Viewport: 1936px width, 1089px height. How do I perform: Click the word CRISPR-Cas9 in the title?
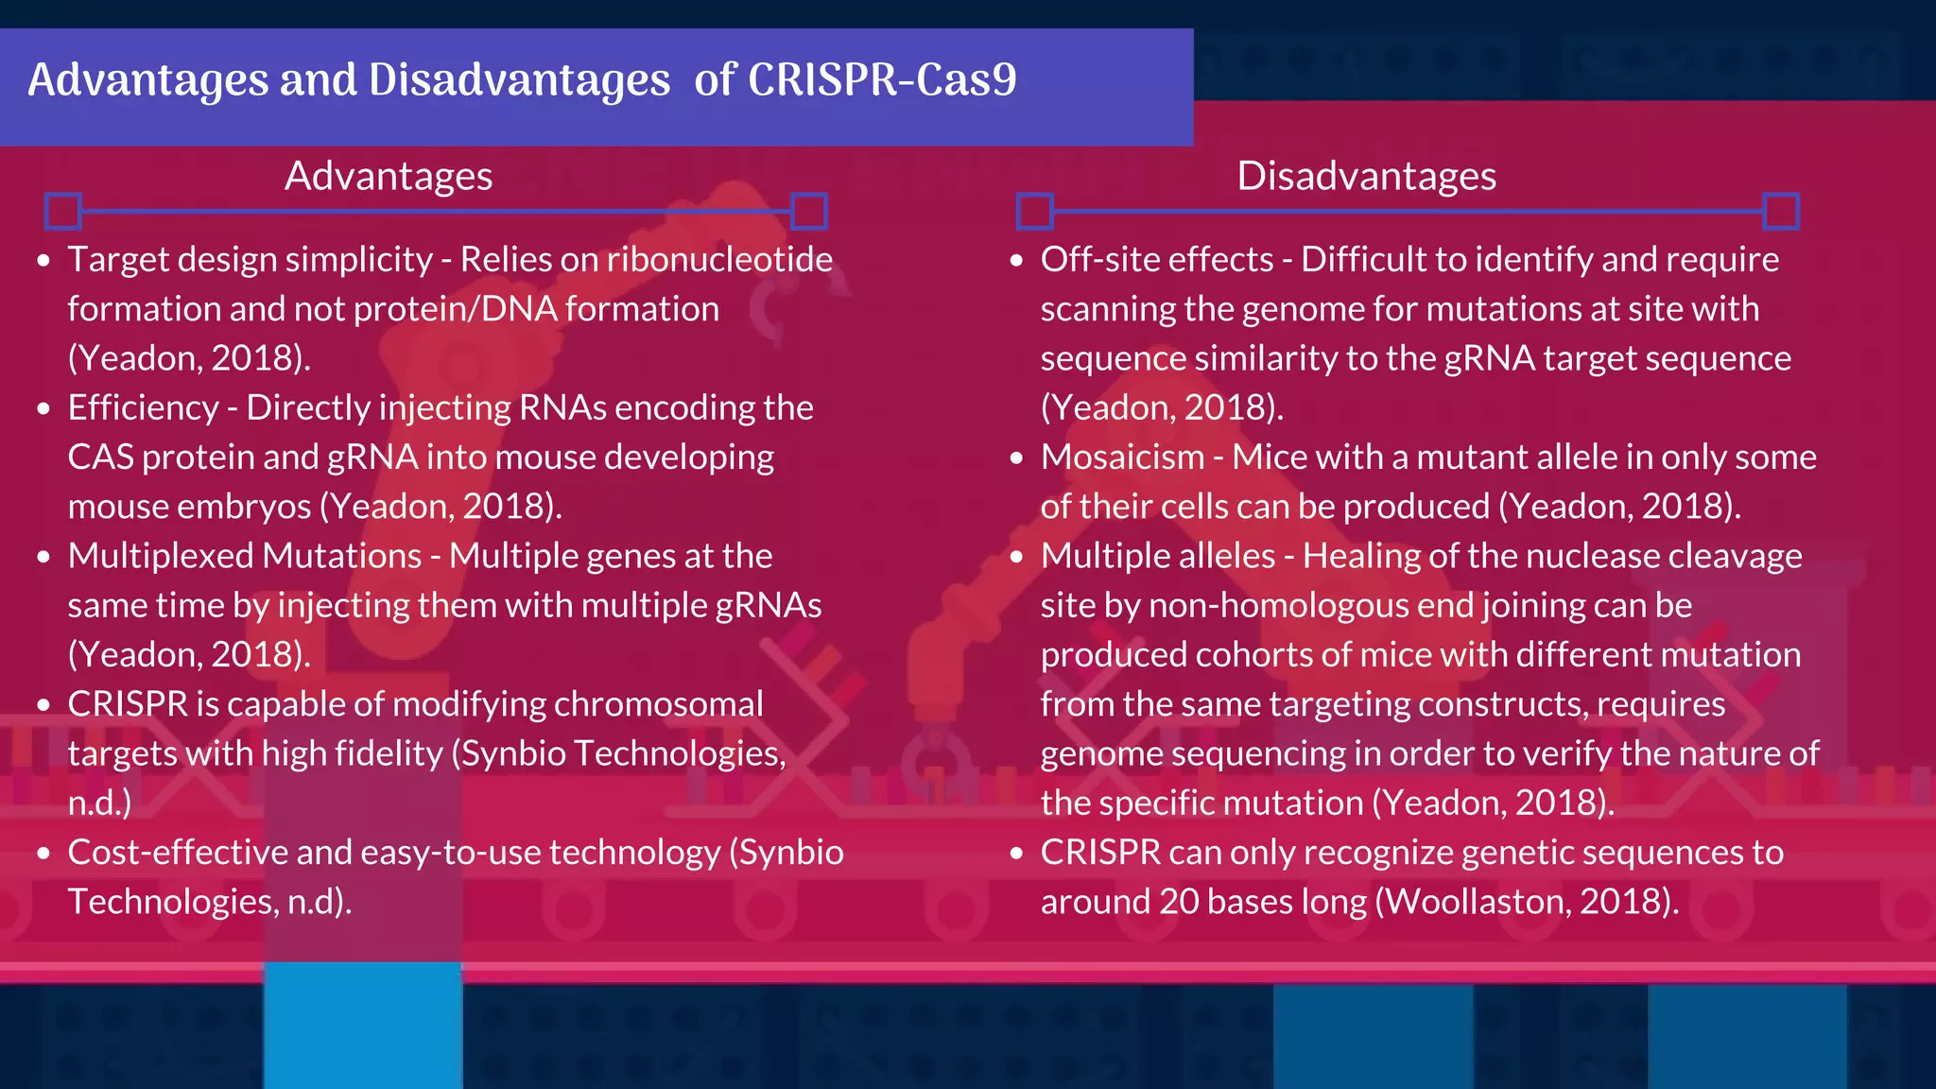[x=882, y=80]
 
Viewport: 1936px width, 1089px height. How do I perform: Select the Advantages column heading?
[x=389, y=177]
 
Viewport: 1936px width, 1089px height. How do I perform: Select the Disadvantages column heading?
[x=1366, y=177]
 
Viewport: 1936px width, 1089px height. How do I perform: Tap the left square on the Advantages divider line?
[x=63, y=211]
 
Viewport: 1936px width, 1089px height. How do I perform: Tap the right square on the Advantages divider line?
[x=809, y=211]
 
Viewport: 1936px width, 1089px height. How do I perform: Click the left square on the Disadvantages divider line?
[x=1035, y=211]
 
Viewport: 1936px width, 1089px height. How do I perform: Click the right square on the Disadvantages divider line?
[x=1781, y=211]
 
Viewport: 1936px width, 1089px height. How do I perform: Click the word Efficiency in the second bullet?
[x=143, y=408]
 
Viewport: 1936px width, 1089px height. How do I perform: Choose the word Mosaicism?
[x=1122, y=458]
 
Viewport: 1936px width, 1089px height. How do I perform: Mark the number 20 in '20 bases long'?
[x=1179, y=902]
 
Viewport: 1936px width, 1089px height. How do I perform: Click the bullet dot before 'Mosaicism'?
[x=1016, y=458]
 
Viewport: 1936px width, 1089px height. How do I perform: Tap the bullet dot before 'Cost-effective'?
[x=43, y=854]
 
